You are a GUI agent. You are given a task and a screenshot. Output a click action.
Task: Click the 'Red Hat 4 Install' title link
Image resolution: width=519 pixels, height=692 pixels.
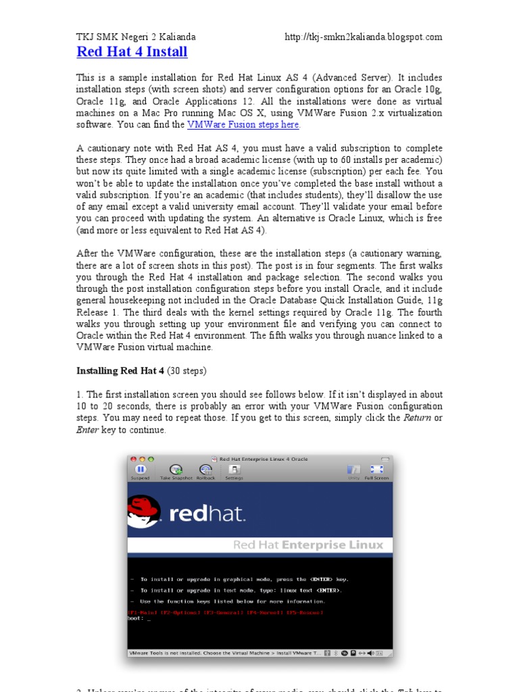pyautogui.click(x=132, y=52)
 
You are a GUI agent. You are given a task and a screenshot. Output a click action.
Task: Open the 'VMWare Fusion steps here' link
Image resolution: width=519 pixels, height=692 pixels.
pyautogui.click(x=243, y=125)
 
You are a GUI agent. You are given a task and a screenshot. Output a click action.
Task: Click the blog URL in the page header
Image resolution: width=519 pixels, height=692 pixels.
pyautogui.click(x=364, y=36)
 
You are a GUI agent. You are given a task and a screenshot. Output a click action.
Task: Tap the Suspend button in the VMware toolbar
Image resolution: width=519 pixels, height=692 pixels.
pyautogui.click(x=140, y=470)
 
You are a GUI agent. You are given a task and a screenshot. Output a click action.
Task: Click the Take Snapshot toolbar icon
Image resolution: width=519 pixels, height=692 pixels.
pyautogui.click(x=176, y=470)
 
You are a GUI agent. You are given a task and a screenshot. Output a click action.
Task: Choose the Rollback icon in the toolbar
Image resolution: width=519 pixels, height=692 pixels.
pyautogui.click(x=205, y=470)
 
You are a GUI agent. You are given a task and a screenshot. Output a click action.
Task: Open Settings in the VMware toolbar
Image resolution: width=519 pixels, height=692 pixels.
pyautogui.click(x=234, y=470)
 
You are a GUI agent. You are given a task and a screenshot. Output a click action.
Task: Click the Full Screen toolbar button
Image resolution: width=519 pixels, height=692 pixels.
pyautogui.click(x=376, y=470)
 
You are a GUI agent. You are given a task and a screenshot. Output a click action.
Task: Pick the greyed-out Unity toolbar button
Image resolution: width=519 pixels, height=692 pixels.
pyautogui.click(x=353, y=470)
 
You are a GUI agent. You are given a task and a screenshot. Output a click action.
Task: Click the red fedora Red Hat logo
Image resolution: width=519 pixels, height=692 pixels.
pyautogui.click(x=145, y=512)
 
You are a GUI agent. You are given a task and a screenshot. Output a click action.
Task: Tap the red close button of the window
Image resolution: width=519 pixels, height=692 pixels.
pyautogui.click(x=133, y=459)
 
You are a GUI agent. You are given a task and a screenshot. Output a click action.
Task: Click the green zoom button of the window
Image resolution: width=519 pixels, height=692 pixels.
pyautogui.click(x=149, y=459)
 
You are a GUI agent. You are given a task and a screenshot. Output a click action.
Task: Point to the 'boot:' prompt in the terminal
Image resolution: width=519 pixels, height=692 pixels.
pyautogui.click(x=136, y=618)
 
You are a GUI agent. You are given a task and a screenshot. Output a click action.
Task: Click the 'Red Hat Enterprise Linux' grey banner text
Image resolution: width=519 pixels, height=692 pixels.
pyautogui.click(x=307, y=545)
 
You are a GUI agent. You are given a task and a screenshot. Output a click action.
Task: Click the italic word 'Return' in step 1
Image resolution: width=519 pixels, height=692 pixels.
pyautogui.click(x=417, y=418)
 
